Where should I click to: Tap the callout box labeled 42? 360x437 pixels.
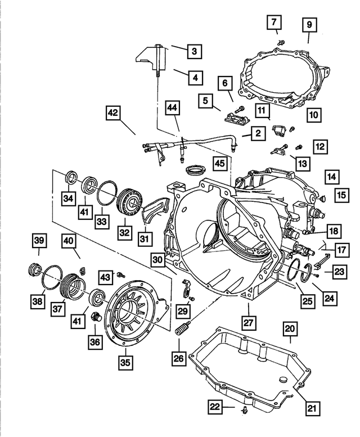[114, 114]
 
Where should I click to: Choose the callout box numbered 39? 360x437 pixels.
[38, 241]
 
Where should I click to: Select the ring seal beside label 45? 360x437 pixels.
[195, 169]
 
